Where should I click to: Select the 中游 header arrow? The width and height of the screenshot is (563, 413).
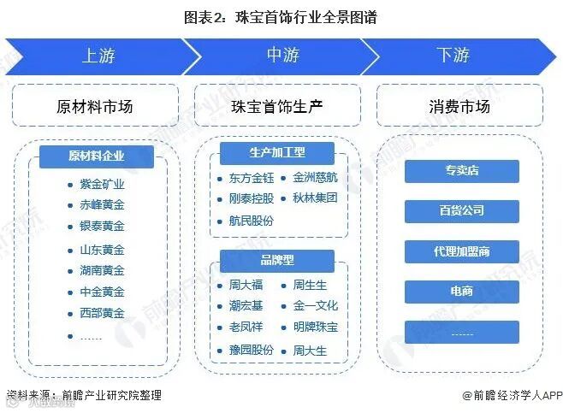(x=282, y=56)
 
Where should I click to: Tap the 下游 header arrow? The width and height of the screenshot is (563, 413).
(x=453, y=56)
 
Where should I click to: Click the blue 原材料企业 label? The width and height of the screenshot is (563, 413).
(x=97, y=156)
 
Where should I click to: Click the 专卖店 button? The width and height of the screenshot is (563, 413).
(x=462, y=171)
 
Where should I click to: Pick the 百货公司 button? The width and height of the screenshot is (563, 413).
(x=462, y=210)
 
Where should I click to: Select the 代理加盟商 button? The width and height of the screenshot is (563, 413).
(x=462, y=251)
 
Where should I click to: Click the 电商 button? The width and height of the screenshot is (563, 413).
(x=462, y=292)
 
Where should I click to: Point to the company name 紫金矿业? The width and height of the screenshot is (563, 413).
(x=102, y=184)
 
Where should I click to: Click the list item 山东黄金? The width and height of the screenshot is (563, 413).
(x=102, y=250)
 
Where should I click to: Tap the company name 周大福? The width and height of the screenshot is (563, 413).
(x=245, y=285)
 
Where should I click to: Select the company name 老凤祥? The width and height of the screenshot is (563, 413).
(x=245, y=327)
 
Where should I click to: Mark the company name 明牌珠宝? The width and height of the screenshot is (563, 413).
(x=315, y=327)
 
